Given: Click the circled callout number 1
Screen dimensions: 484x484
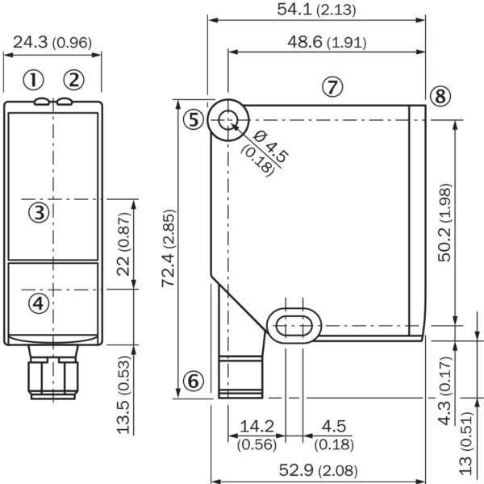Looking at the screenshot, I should click(32, 79).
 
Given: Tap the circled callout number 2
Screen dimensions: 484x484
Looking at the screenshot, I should click(73, 79).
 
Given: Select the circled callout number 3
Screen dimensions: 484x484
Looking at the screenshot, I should click(39, 212).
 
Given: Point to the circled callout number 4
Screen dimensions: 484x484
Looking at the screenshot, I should click(39, 302).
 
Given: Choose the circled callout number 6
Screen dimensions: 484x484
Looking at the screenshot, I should click(192, 382).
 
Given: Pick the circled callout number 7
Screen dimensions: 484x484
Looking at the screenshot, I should click(333, 86).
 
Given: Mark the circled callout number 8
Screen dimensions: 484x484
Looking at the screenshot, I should click(439, 97).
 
